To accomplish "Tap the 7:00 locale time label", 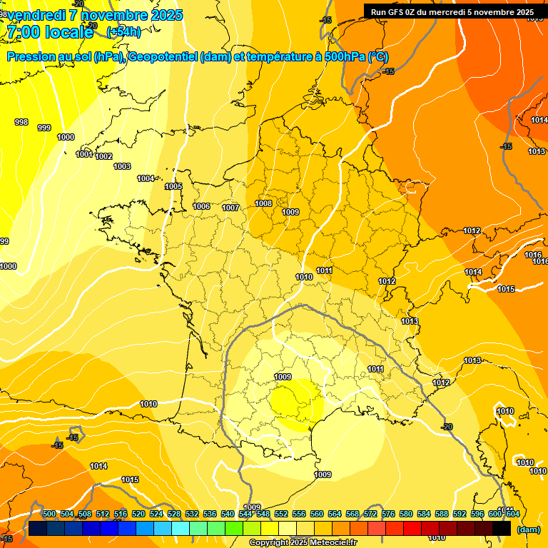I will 50,32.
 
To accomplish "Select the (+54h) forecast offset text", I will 123,32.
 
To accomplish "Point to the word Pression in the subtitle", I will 31,58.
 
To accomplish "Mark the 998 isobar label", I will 21,122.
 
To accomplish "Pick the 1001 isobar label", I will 84,154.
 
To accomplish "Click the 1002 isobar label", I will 103,156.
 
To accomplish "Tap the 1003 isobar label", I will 122,166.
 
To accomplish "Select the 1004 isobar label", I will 146,178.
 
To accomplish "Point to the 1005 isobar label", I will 173,186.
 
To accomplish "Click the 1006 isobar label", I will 201,206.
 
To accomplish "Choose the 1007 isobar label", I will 230,208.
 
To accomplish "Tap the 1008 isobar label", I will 263,203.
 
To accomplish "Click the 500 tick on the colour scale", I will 49,514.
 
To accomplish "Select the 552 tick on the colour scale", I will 281,514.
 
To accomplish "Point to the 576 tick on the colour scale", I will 388,514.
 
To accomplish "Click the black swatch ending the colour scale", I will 502,528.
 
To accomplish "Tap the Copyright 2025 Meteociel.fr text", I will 303,543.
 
